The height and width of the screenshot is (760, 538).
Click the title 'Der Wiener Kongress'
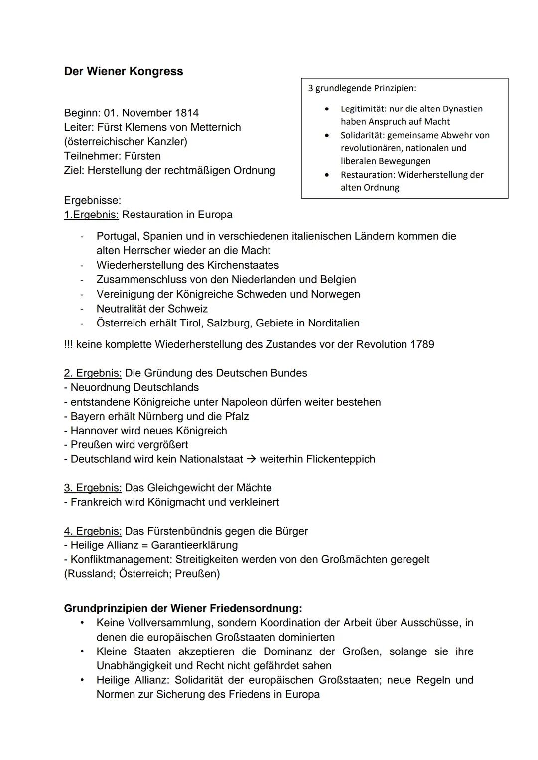[124, 71]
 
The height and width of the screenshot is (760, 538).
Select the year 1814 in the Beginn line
[186, 113]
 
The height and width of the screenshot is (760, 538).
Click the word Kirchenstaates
[243, 265]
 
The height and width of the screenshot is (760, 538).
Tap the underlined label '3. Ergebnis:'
[93, 488]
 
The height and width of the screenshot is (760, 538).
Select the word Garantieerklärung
[194, 545]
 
